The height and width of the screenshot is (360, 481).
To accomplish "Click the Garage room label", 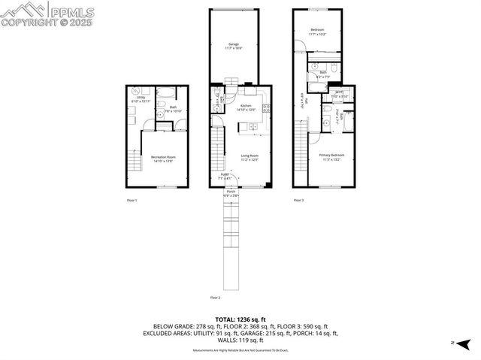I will point(234,46).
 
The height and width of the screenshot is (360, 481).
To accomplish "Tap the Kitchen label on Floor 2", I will point(248,108).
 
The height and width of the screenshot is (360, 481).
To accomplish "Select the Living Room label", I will point(250,157).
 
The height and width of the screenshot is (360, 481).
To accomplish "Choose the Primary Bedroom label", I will point(330,157).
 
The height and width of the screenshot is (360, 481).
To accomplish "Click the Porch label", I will point(231,192).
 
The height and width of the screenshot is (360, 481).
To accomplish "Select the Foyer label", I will point(225,177).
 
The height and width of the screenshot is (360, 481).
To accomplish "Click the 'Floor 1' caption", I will point(132,201).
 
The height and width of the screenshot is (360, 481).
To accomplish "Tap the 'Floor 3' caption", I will point(298,200).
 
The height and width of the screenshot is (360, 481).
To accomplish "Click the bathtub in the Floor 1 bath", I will point(168,94).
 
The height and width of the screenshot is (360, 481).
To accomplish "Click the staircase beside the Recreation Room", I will point(135,161).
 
